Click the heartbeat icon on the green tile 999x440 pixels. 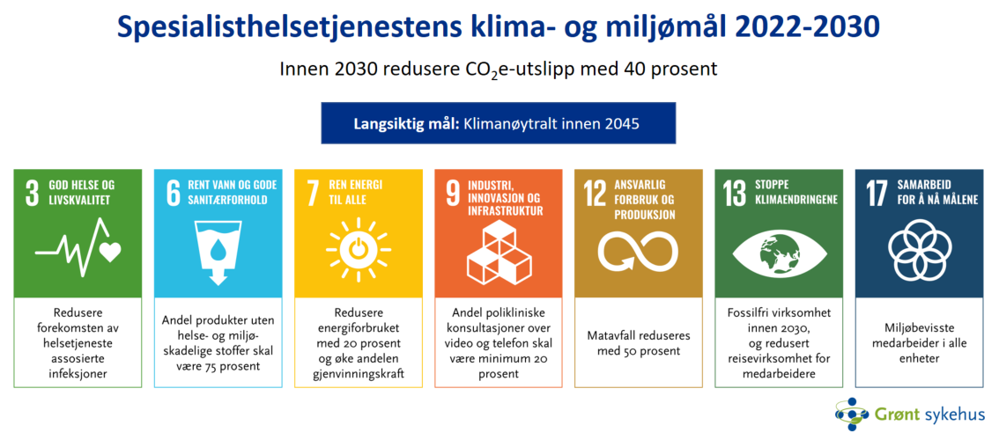(x=78, y=252)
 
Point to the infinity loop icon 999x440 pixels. (x=638, y=250)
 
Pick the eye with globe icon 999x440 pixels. (x=778, y=250)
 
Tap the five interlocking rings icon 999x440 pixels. (x=918, y=250)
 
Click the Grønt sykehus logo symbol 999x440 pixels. (x=851, y=414)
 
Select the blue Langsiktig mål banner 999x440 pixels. (x=498, y=123)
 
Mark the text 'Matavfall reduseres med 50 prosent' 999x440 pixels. (x=638, y=343)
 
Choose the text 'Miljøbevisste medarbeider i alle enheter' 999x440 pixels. (x=918, y=343)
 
